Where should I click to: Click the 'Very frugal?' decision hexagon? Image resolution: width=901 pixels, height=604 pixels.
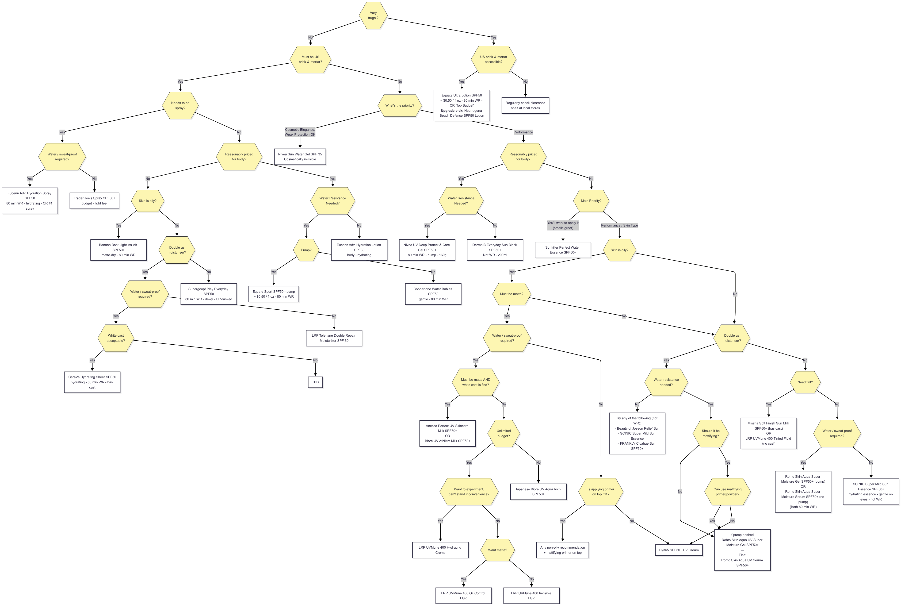coord(373,15)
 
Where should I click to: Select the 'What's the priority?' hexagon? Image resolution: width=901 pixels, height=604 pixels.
coord(400,106)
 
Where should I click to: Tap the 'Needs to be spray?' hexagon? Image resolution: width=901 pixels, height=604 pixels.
coord(180,106)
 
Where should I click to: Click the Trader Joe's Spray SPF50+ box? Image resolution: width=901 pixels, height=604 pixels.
coord(94,201)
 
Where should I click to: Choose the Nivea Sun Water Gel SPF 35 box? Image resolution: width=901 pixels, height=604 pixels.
coord(300,157)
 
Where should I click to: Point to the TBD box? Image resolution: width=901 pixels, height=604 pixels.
coord(315,382)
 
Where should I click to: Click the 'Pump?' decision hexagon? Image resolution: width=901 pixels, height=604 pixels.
coord(306,250)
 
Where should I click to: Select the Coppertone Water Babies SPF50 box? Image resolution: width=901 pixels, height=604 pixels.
coord(433,294)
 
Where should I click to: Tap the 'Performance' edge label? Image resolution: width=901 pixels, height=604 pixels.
coord(523,132)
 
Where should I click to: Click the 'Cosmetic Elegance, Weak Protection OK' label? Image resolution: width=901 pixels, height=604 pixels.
coord(300,132)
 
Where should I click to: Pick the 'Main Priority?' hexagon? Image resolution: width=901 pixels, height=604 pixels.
coord(591,201)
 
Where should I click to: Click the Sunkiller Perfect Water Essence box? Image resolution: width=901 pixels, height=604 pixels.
coord(563,250)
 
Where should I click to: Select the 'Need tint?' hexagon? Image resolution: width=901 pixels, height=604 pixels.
coord(805,382)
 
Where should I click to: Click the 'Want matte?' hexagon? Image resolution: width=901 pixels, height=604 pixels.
coord(497,550)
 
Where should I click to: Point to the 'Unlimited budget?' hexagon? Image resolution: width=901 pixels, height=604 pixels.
coord(504,433)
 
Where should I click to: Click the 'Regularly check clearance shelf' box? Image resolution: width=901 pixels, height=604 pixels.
coord(525,106)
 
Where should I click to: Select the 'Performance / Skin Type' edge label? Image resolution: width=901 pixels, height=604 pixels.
coord(619,225)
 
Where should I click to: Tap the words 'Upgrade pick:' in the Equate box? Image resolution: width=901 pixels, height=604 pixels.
coord(452,111)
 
